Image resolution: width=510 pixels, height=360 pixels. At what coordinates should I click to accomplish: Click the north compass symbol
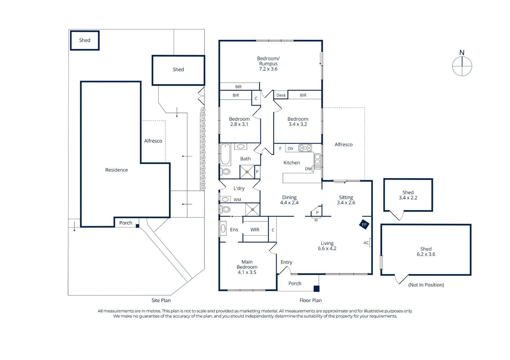(462, 66)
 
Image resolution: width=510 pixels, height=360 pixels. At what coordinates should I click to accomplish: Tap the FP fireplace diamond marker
(364, 224)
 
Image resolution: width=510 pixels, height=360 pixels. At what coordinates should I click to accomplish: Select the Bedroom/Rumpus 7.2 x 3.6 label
(268, 64)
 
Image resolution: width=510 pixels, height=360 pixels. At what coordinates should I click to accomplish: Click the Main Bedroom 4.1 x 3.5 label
(247, 267)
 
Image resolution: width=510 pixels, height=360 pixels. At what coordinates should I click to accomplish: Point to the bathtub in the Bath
(225, 154)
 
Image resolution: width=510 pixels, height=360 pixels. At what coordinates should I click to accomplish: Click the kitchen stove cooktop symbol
(305, 148)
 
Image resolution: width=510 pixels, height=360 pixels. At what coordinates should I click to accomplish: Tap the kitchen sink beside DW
(318, 161)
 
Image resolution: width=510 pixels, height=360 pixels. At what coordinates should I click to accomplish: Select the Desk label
(281, 95)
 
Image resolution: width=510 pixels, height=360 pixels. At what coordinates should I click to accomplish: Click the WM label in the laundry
(237, 200)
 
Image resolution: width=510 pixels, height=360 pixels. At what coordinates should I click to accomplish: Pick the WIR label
(255, 230)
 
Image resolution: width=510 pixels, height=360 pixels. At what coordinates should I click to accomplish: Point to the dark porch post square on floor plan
(317, 289)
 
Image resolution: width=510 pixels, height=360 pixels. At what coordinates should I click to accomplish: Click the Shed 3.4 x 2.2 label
(408, 195)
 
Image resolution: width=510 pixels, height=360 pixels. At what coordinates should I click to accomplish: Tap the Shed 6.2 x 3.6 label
(426, 252)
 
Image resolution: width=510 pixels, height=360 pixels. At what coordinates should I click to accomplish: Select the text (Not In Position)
(426, 285)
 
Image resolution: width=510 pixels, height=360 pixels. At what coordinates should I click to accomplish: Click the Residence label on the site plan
(116, 170)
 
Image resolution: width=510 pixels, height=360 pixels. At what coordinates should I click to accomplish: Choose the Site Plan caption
(161, 300)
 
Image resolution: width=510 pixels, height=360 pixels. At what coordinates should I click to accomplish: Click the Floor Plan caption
(311, 300)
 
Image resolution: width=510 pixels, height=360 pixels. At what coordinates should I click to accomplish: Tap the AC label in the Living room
(366, 243)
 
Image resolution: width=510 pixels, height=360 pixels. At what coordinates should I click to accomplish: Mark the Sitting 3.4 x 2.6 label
(346, 200)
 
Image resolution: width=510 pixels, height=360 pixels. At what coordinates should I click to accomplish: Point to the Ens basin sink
(223, 229)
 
